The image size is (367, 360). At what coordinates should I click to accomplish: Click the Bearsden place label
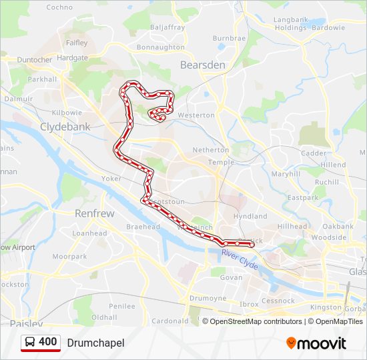(203, 65)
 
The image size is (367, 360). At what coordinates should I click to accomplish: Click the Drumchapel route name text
(95, 343)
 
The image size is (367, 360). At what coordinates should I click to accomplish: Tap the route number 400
(47, 342)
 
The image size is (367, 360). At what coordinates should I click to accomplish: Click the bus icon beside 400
(30, 343)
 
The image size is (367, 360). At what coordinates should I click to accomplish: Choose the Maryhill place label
(286, 174)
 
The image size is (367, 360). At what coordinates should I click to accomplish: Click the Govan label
(231, 277)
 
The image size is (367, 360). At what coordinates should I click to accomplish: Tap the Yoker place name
(111, 179)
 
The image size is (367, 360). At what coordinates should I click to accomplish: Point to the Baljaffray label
(167, 27)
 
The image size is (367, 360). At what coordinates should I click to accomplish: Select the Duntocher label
(35, 59)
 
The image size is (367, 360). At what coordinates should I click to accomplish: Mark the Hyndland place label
(250, 216)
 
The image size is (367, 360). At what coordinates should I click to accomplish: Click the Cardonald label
(170, 321)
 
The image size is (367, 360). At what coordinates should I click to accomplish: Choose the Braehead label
(143, 227)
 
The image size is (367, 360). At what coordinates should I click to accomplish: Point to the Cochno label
(59, 7)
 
